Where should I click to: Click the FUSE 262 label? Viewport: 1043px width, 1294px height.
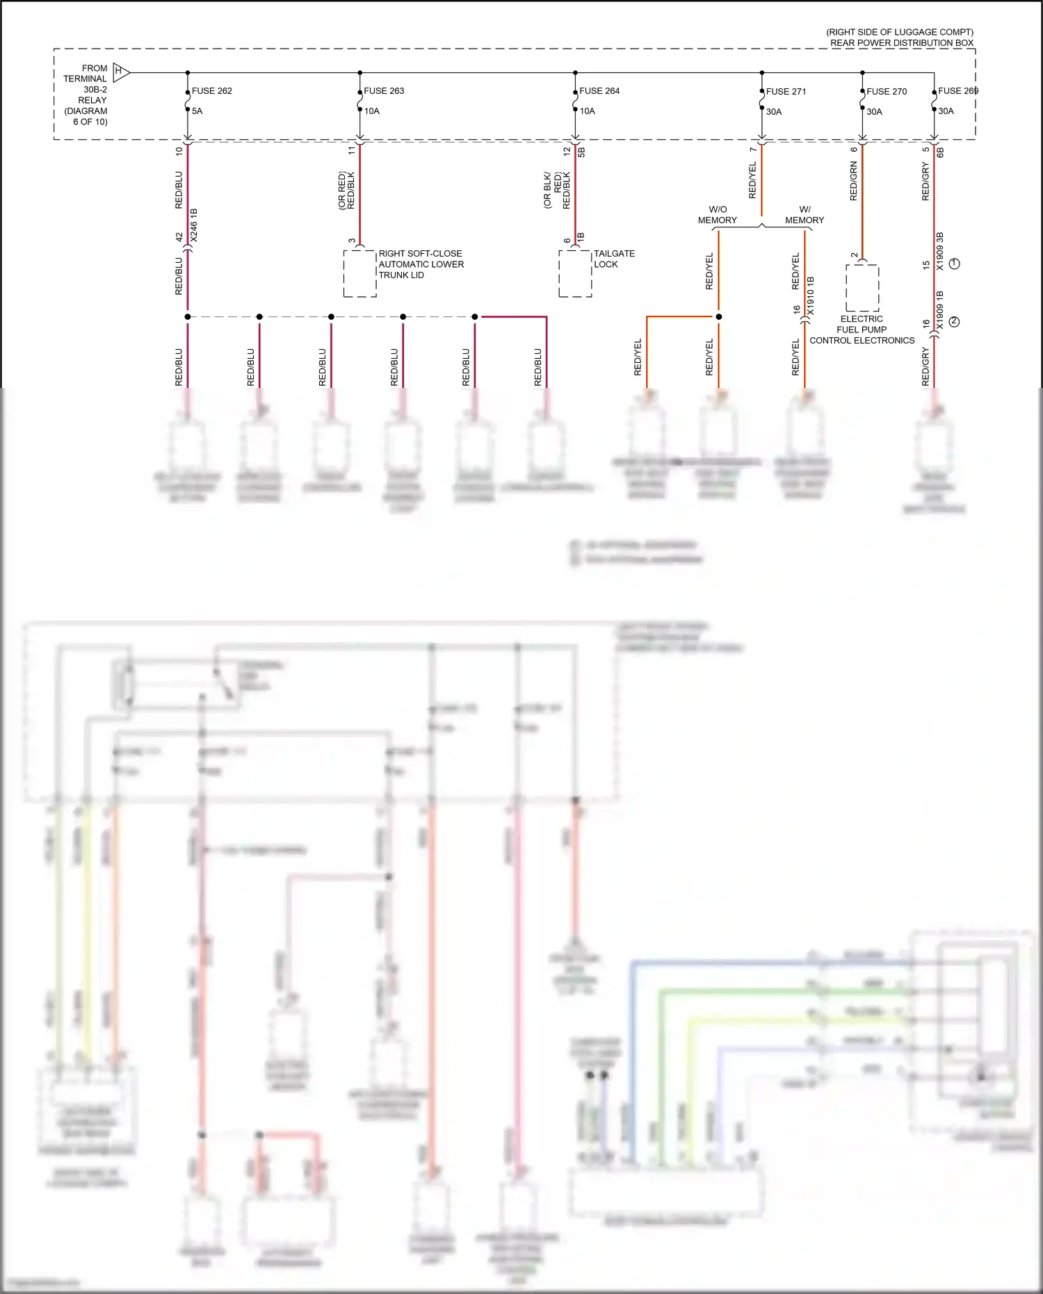tap(211, 91)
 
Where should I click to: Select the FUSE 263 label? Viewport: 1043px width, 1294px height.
tap(384, 91)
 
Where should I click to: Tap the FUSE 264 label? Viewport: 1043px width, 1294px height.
tap(599, 91)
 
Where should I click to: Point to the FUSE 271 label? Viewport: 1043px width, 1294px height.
tap(786, 91)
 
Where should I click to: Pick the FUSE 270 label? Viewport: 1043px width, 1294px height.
tap(887, 91)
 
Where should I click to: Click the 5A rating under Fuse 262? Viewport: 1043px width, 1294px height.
tap(197, 111)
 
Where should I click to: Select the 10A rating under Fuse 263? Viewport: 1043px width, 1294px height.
tap(372, 111)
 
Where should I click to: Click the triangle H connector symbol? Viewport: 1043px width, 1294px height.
tap(121, 72)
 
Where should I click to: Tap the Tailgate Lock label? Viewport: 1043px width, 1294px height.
tap(614, 259)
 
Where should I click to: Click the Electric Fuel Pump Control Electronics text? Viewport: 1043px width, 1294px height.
tap(862, 330)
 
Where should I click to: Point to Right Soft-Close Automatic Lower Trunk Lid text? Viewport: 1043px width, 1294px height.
tap(421, 264)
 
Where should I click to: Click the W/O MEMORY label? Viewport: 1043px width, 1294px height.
tap(717, 215)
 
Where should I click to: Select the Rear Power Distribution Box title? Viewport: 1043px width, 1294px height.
tap(901, 43)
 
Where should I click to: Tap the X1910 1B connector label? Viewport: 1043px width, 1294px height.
tap(811, 296)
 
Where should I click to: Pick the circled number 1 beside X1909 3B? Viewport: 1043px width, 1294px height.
tap(955, 264)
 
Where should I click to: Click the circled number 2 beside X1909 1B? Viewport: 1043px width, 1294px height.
tap(955, 321)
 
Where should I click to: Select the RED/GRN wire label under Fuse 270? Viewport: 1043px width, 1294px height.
tap(854, 181)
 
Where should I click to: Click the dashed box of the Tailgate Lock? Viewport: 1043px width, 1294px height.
tap(575, 273)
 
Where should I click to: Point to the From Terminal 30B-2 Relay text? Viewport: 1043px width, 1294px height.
tap(86, 95)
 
